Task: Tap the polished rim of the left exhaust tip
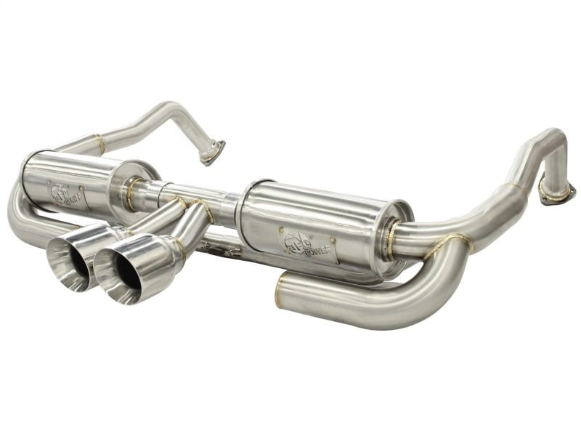[52, 255]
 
